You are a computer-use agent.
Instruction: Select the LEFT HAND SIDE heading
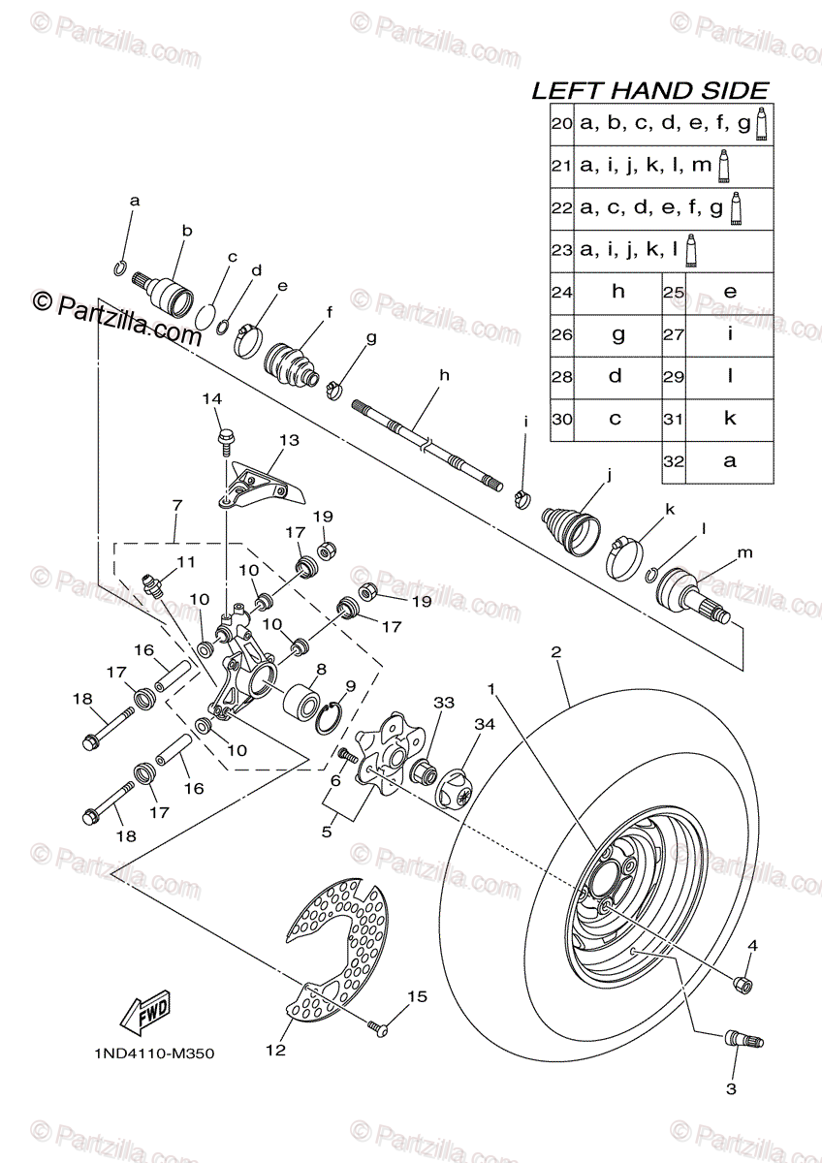[x=649, y=91]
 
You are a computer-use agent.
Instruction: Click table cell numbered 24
[x=562, y=292]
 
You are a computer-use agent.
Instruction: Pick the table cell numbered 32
[x=674, y=462]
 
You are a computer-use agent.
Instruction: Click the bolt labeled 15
[x=377, y=1024]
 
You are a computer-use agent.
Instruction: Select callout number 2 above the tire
[x=556, y=653]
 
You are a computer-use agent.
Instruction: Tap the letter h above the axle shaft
[x=445, y=374]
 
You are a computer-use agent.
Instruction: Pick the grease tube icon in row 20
[x=762, y=123]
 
